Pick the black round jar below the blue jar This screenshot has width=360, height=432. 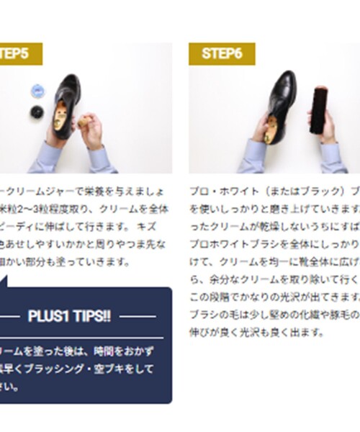(35, 113)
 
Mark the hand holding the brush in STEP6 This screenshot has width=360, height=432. (328, 130)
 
